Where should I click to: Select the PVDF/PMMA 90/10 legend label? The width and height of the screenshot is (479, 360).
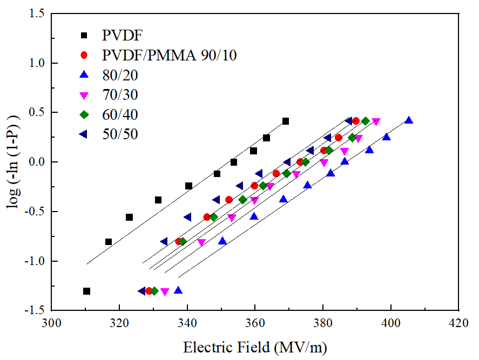pos(170,56)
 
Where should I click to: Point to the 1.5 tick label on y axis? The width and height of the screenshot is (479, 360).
pos(36,14)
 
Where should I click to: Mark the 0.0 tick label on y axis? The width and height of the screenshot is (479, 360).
pos(36,162)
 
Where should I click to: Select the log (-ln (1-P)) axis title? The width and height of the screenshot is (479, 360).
pos(12,162)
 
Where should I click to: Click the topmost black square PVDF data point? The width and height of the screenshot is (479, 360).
pos(286,121)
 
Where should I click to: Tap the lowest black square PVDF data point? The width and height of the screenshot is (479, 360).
pos(86,291)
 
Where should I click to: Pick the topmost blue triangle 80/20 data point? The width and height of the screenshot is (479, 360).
pos(409,120)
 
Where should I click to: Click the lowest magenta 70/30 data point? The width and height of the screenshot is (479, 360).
pos(165,292)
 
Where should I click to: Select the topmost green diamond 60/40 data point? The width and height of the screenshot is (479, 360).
pos(366,121)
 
